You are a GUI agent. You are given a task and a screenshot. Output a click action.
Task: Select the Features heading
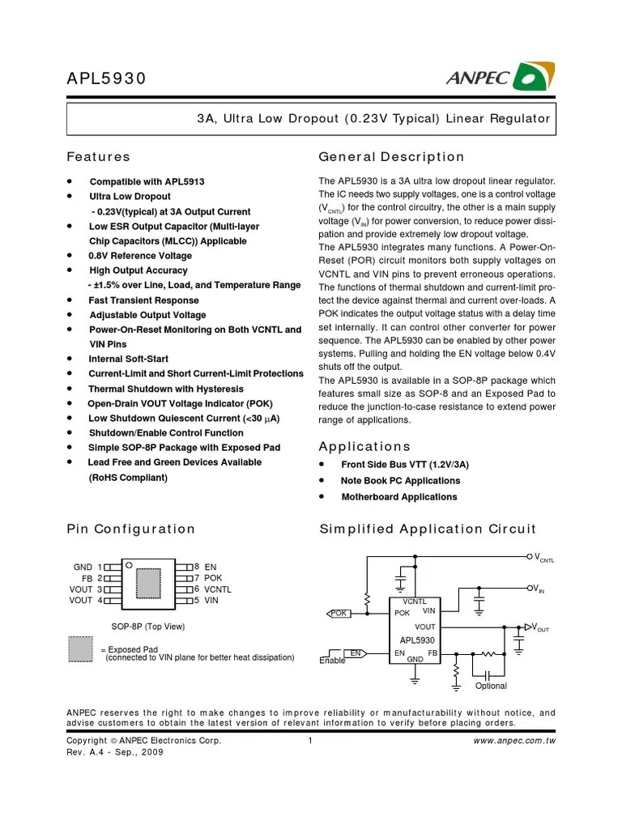[x=98, y=157]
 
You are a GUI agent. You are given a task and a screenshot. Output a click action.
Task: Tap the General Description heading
[x=392, y=157]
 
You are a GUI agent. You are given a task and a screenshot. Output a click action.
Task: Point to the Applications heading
[x=364, y=447]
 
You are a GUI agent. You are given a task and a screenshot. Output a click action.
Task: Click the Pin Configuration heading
[x=130, y=529]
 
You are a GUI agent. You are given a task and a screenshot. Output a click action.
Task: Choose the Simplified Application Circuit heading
[x=428, y=529]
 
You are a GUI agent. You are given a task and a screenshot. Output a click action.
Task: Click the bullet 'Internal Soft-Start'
[x=129, y=359]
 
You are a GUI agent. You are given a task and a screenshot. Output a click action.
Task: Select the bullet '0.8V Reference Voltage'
[x=140, y=256]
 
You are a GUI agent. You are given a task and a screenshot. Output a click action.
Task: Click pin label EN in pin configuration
[x=211, y=568]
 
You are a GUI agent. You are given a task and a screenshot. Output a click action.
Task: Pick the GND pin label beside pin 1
[x=83, y=568]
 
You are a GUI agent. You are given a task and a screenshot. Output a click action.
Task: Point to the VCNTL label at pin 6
[x=218, y=589]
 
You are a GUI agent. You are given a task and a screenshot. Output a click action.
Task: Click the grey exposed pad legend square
[x=79, y=649]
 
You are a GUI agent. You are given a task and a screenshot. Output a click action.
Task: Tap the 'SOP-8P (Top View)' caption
[x=148, y=627]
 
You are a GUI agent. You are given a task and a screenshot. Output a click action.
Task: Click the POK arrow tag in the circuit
[x=339, y=613]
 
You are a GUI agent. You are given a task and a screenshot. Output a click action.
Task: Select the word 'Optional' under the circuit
[x=491, y=686]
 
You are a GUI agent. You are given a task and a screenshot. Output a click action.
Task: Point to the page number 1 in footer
[x=310, y=741]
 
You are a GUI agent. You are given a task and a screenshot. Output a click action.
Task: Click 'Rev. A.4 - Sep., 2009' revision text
[x=115, y=752]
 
